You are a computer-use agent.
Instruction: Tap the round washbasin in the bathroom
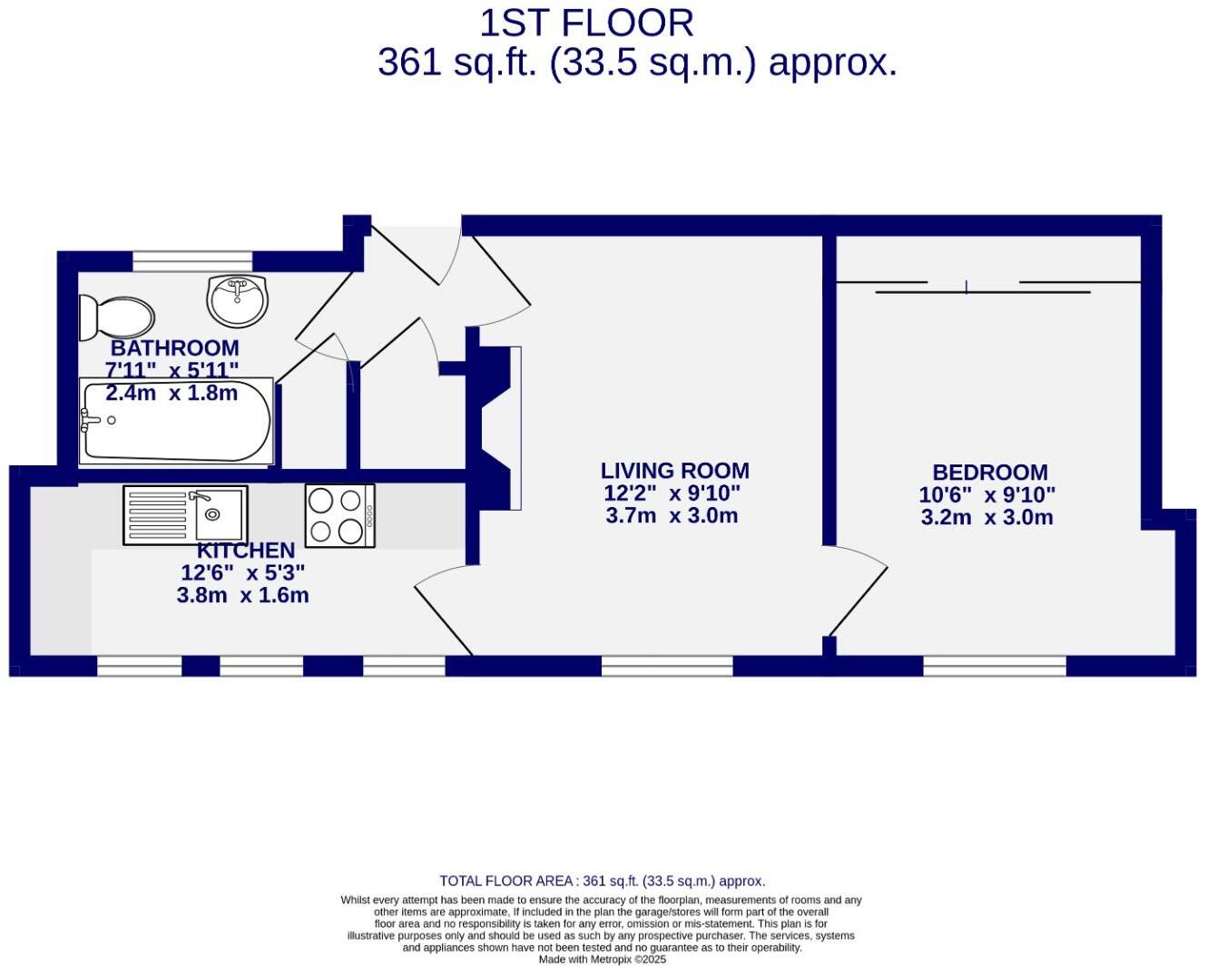pos(237,300)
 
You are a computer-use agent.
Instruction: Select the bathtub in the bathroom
pos(176,422)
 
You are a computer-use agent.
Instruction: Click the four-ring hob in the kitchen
pos(339,515)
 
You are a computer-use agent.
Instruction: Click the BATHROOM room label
pos(175,348)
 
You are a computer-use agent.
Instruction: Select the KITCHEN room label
pos(246,551)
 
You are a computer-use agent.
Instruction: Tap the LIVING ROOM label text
pos(674,471)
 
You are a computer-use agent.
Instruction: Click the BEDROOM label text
pos(989,473)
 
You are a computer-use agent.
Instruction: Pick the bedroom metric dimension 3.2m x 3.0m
pos(986,517)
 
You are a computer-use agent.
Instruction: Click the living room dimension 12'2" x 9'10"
pos(672,493)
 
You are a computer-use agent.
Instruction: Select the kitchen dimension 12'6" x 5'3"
pos(242,573)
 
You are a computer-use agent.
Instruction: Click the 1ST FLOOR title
pos(586,23)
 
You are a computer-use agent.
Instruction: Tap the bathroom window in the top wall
pos(191,261)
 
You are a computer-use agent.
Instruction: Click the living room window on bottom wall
pos(667,666)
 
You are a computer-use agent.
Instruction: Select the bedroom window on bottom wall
pos(995,666)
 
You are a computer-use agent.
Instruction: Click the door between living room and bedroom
pos(858,590)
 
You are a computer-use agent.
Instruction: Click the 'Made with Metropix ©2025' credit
pos(602,959)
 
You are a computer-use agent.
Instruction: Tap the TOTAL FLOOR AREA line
pos(602,881)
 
